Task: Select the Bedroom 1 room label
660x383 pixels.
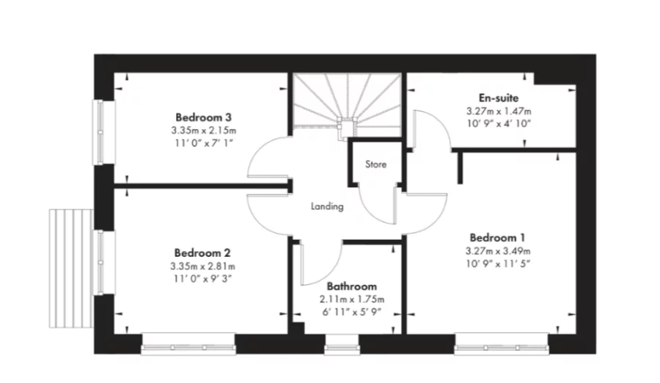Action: click(x=496, y=238)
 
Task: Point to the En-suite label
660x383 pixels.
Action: click(x=499, y=97)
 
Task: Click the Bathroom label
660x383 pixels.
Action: click(x=352, y=287)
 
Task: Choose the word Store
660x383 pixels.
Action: click(x=375, y=164)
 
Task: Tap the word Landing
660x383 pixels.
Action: click(x=327, y=206)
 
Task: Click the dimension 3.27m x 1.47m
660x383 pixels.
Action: click(x=499, y=111)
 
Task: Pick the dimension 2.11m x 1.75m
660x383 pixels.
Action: click(x=352, y=299)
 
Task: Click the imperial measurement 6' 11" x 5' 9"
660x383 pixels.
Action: click(x=352, y=313)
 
